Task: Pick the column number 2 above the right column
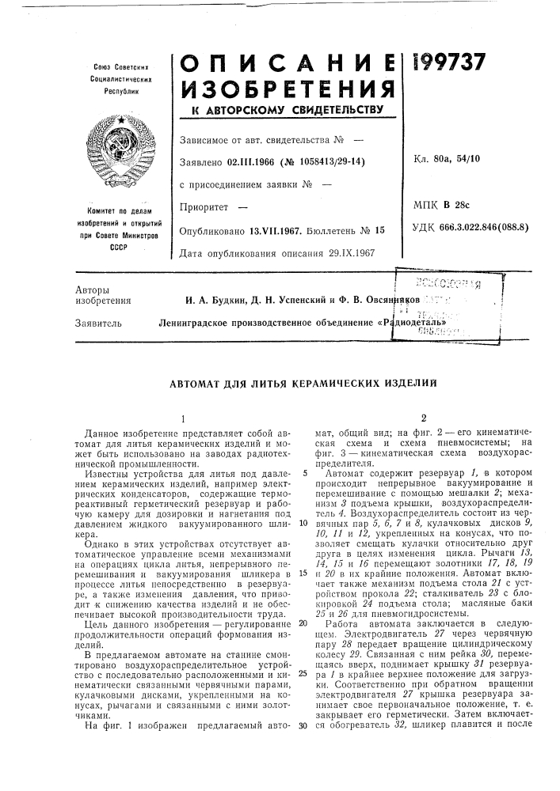[x=425, y=417]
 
